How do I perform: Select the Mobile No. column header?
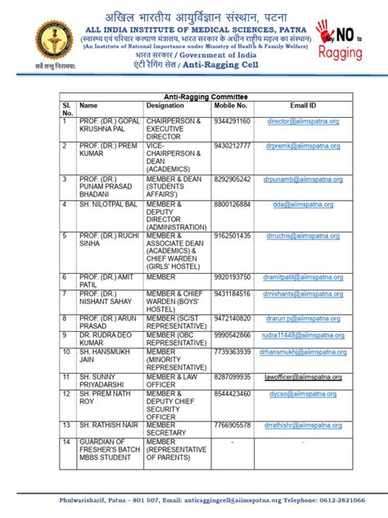231,106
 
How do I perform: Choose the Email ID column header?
303,106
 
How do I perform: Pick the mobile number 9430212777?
232,146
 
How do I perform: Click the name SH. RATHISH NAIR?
105,425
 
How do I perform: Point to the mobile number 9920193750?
232,277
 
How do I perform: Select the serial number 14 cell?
65,443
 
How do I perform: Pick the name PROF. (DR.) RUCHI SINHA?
105,240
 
